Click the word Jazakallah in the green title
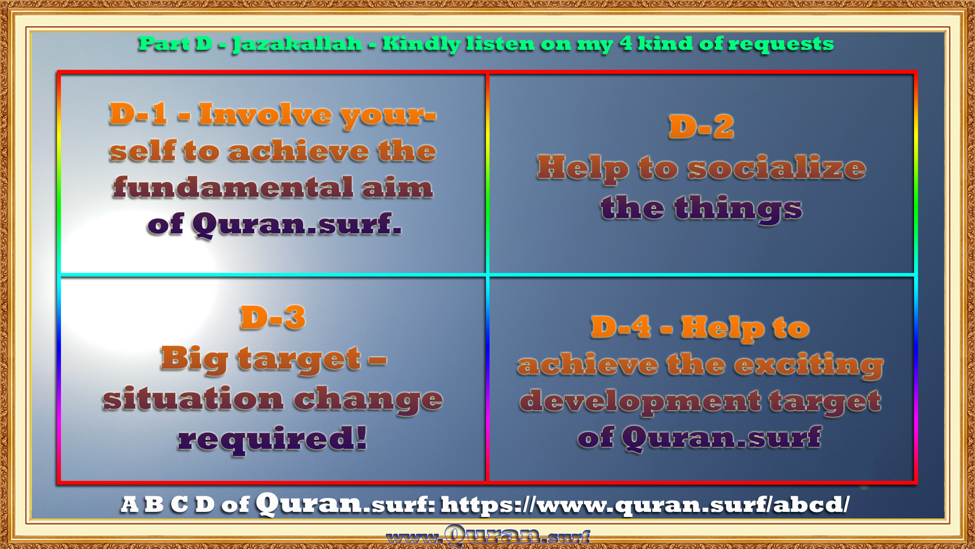[x=297, y=44]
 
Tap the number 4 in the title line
[x=626, y=43]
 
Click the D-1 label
[x=138, y=113]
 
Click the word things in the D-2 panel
[x=738, y=208]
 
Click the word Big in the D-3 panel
[x=194, y=360]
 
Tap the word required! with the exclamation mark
[x=272, y=439]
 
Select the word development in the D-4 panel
[x=640, y=402]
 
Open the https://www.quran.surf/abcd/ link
[x=645, y=505]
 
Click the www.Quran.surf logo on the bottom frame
[x=487, y=536]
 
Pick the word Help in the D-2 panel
[x=583, y=168]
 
